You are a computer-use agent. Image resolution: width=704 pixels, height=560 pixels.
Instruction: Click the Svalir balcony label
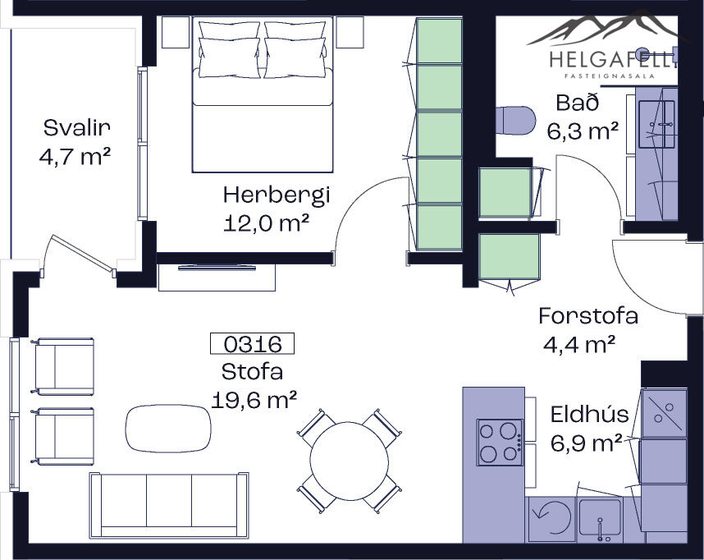coord(77,128)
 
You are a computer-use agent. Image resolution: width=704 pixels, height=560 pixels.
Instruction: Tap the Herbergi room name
coord(277,195)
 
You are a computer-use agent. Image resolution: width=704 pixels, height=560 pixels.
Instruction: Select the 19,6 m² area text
coord(254,400)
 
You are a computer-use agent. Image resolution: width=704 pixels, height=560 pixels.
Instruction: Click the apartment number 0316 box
coord(253,344)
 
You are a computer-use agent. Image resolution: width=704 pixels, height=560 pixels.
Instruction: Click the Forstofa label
coord(588,315)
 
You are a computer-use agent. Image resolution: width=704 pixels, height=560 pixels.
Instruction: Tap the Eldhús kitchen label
coord(589,414)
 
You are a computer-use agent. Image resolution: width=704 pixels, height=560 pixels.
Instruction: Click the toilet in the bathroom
coord(516,120)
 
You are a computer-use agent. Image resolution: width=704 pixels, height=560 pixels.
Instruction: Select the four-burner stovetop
coord(501,443)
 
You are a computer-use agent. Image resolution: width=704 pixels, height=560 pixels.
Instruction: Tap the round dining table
coord(349,460)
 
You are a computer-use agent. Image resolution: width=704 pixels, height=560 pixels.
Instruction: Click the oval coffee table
coord(168,428)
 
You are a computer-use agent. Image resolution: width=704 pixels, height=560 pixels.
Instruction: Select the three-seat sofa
coord(169,505)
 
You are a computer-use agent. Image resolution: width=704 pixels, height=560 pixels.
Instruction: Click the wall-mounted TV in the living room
coord(217,269)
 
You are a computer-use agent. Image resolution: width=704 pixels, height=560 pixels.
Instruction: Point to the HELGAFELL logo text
coord(613,59)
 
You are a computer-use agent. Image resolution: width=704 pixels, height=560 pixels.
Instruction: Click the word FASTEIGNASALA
coord(610,76)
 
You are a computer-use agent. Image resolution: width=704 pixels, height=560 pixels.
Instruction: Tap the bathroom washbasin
coord(656,124)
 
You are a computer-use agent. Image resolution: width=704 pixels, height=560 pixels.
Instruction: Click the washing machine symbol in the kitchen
coord(551,520)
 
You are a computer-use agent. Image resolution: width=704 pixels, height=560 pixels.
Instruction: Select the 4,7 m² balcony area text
coord(75,157)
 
